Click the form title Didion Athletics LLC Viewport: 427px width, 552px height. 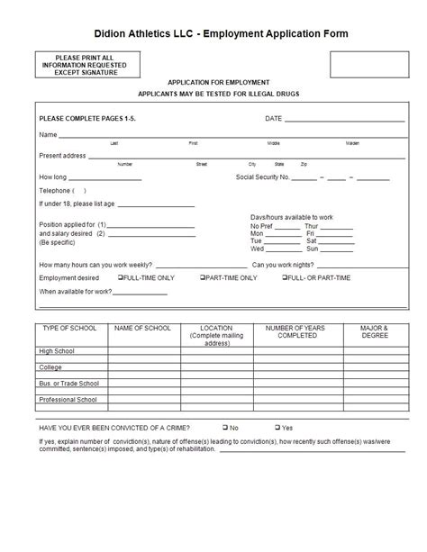[x=214, y=33]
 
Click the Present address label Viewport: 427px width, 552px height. [x=62, y=155]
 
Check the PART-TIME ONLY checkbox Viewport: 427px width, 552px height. [x=203, y=278]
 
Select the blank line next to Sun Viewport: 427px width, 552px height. [x=336, y=249]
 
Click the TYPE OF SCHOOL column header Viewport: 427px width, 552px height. [x=70, y=329]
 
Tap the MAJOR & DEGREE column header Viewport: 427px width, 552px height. [x=374, y=332]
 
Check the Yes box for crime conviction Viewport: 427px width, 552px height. [x=277, y=427]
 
